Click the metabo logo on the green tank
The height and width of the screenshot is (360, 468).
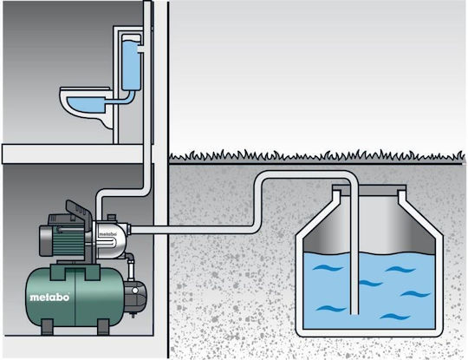tap(49, 298)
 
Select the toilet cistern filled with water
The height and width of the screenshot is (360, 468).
tap(132, 62)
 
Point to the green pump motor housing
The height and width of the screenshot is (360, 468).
tap(64, 239)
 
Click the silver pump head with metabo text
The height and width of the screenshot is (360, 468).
tap(110, 238)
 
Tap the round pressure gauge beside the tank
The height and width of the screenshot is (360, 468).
tap(135, 290)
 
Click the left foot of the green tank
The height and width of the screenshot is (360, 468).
tap(47, 326)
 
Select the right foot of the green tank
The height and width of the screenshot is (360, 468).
tap(104, 326)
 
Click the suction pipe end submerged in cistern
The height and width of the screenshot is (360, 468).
tap(354, 311)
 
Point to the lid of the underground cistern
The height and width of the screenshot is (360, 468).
tap(369, 187)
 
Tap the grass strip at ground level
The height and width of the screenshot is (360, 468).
tap(316, 157)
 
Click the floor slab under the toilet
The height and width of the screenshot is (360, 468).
tap(73, 154)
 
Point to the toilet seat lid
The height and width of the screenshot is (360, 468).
tap(85, 88)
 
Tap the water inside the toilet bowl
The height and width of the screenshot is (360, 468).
tap(85, 104)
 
